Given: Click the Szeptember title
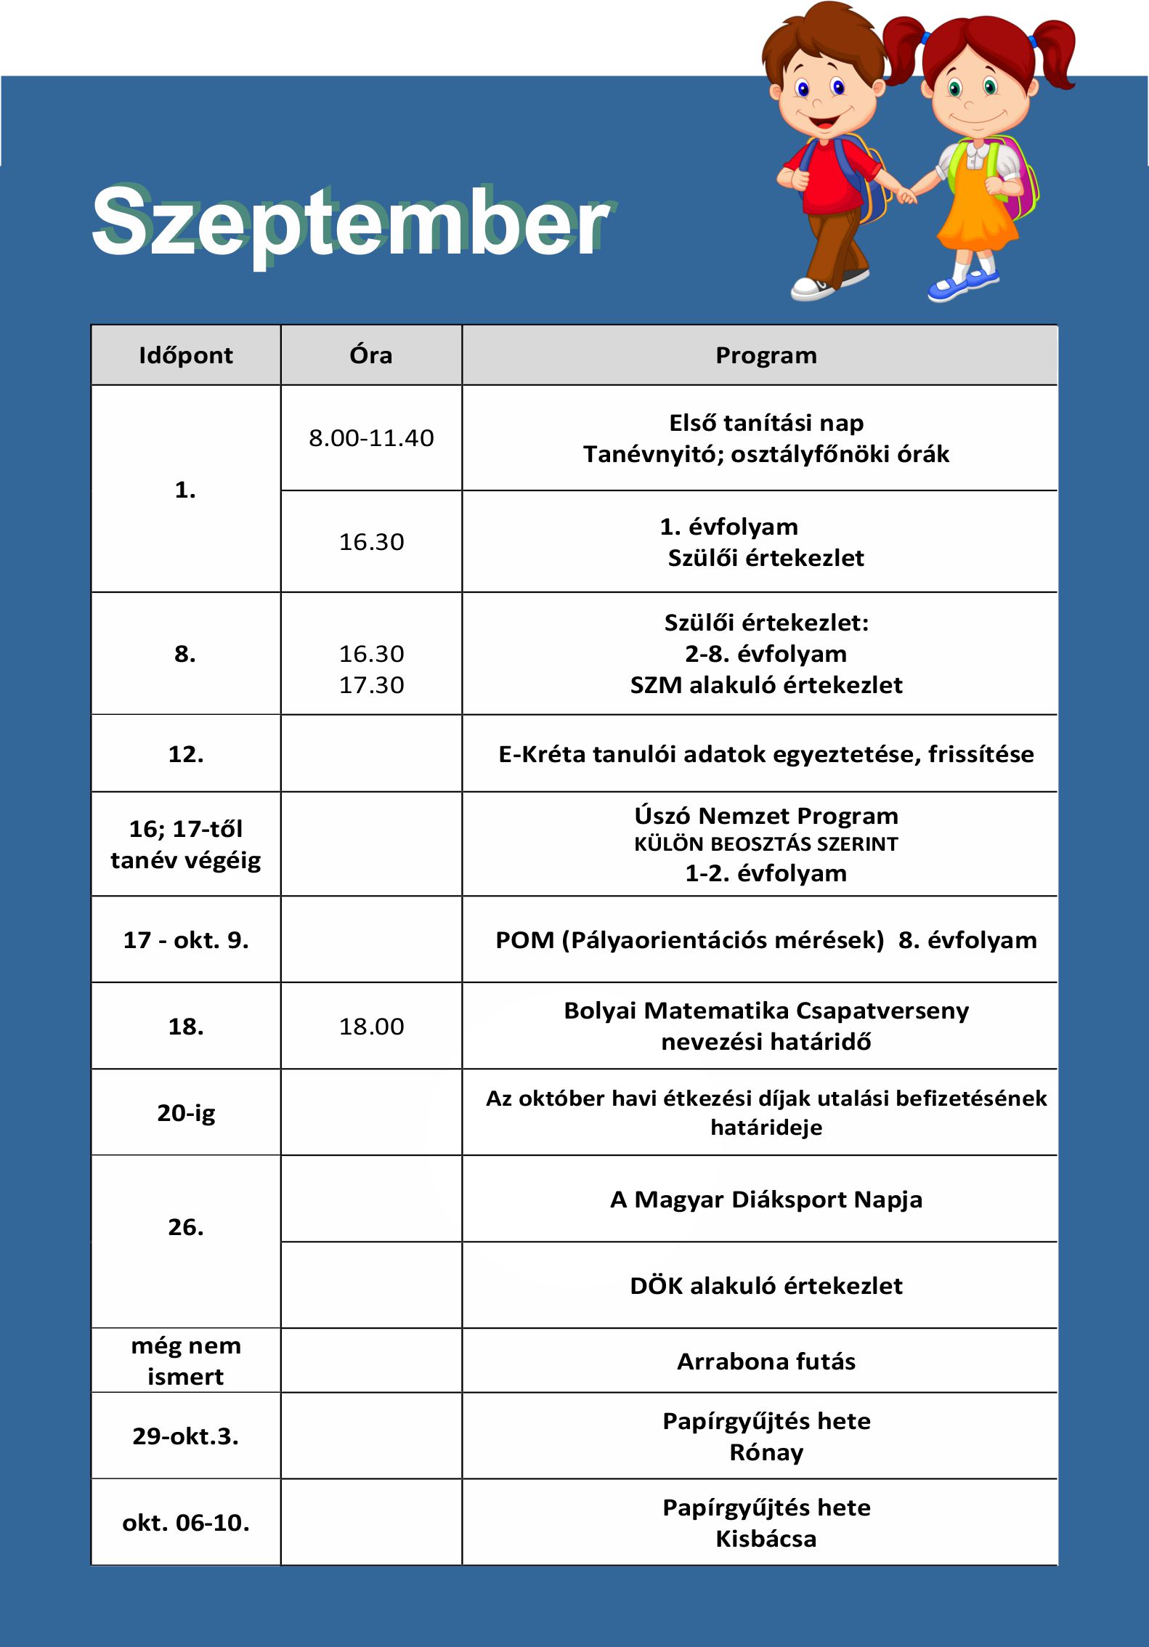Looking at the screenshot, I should pyautogui.click(x=350, y=222).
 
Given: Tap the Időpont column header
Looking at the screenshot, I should pyautogui.click(x=186, y=355).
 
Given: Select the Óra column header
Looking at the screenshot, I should pyautogui.click(x=371, y=355).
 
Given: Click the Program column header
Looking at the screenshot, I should pyautogui.click(x=766, y=355).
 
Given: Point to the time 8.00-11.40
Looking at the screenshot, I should pyautogui.click(x=371, y=438).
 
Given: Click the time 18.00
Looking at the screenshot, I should pyautogui.click(x=371, y=1027).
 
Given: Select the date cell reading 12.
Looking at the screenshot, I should pyautogui.click(x=186, y=754).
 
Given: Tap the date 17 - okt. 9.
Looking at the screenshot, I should pyautogui.click(x=186, y=940).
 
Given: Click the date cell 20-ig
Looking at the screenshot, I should pyautogui.click(x=186, y=1113).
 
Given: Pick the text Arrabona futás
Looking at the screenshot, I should pyautogui.click(x=766, y=1361).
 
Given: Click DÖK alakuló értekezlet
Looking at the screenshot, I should pyautogui.click(x=766, y=1286).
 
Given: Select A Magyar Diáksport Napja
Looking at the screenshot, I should pyautogui.click(x=766, y=1199).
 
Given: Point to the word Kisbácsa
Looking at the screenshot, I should pyautogui.click(x=766, y=1539).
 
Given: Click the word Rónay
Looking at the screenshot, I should pyautogui.click(x=766, y=1452).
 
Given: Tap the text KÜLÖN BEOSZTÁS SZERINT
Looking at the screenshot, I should pyautogui.click(x=766, y=844).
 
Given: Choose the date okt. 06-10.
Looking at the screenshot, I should pyautogui.click(x=186, y=1523).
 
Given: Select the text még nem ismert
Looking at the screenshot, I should pyautogui.click(x=186, y=1361).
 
